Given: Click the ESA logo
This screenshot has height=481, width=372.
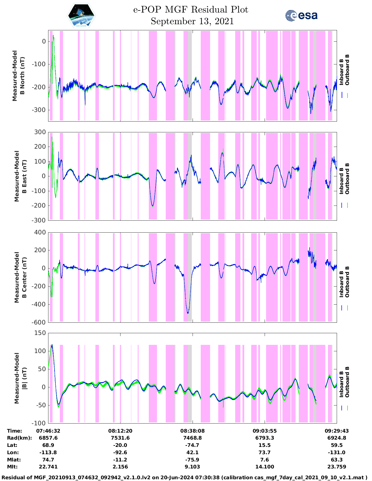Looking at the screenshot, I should (x=301, y=15).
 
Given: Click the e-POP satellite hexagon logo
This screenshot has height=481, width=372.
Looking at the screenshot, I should (x=81, y=15).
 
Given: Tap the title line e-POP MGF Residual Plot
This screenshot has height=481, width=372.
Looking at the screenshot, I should (x=191, y=10).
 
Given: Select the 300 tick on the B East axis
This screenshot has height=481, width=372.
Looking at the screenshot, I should (x=40, y=132).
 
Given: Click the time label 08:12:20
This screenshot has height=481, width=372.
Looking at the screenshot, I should (x=120, y=431).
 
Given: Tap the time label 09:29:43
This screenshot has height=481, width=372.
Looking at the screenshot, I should (x=337, y=431).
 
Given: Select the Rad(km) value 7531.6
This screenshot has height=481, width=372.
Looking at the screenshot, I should (x=120, y=438).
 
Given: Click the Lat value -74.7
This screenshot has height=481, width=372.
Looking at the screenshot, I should (x=192, y=445).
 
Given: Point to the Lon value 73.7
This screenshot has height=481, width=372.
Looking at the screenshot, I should (x=265, y=452).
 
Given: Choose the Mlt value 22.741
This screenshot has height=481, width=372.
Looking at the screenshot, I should (x=48, y=467).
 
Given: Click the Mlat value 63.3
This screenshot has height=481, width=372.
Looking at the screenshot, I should (x=337, y=460).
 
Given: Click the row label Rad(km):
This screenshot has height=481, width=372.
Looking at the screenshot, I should (x=19, y=438).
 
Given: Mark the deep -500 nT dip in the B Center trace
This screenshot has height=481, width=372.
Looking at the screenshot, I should (x=188, y=313).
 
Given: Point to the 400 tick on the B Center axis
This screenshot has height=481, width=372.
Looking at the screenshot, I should (x=40, y=232).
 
